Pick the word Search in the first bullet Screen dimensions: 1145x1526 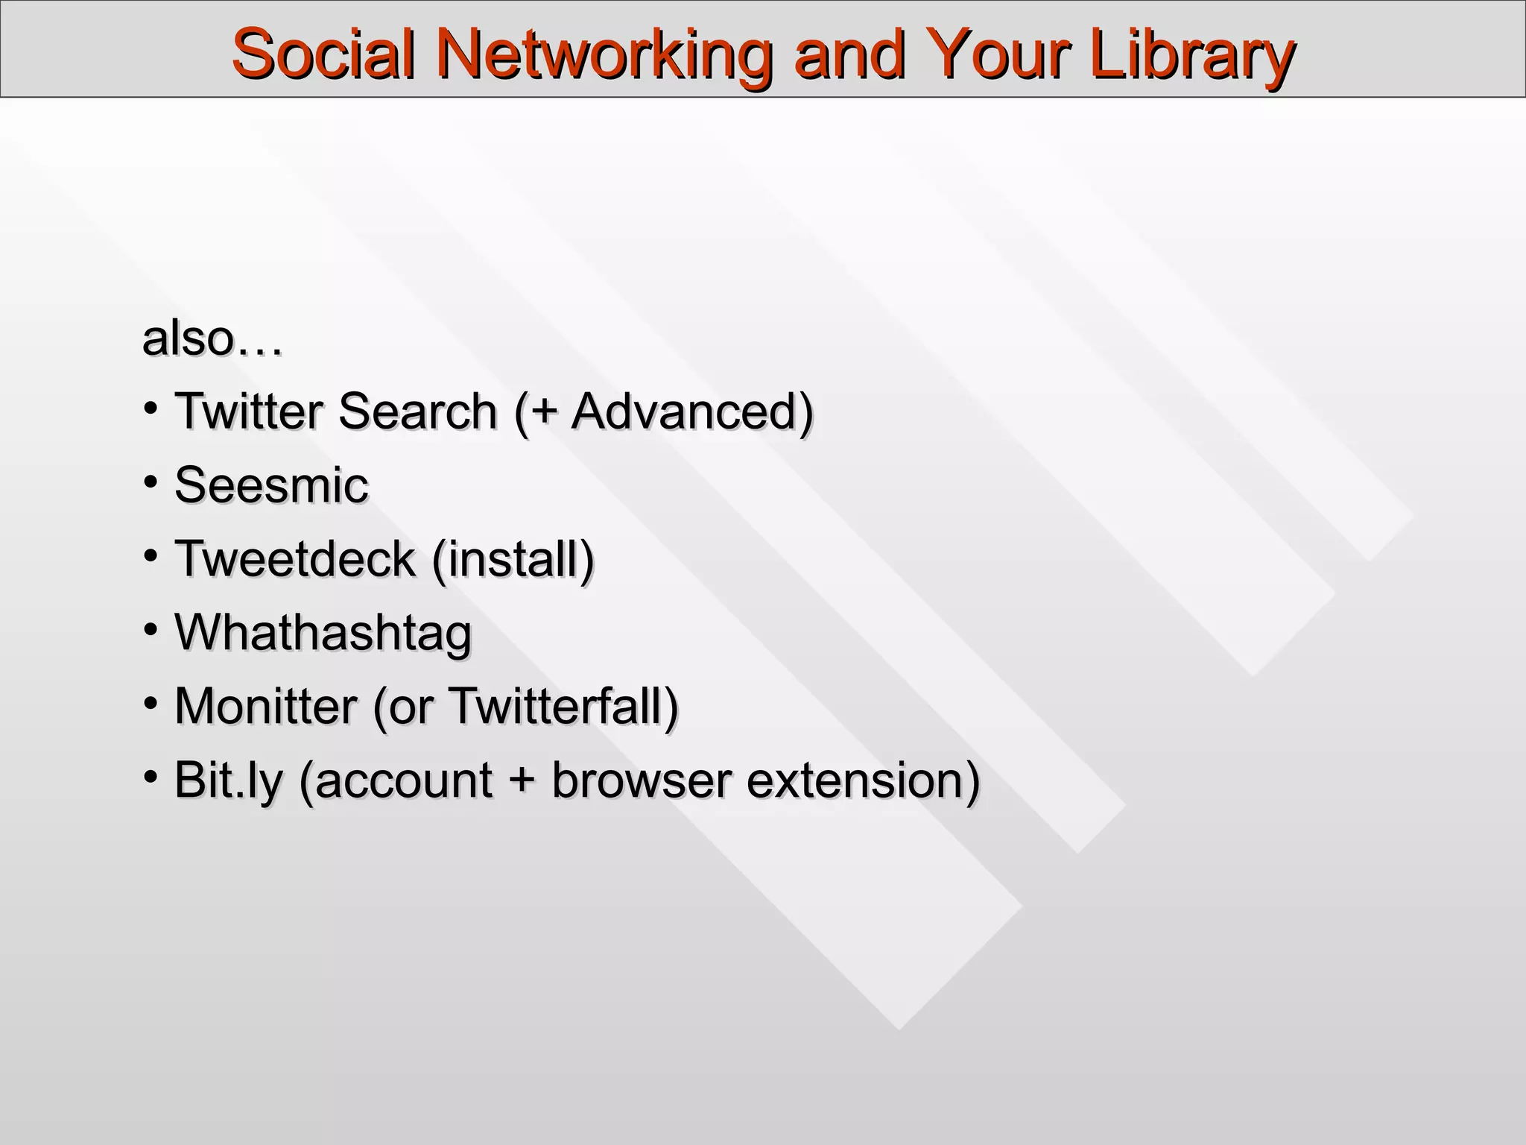[417, 411]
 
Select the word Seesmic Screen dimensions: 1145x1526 [271, 485]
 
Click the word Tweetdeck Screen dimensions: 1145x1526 [295, 558]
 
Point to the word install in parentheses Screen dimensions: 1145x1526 [513, 558]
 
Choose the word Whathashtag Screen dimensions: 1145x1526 [323, 633]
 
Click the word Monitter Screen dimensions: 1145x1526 [265, 705]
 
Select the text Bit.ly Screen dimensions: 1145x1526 [228, 780]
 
